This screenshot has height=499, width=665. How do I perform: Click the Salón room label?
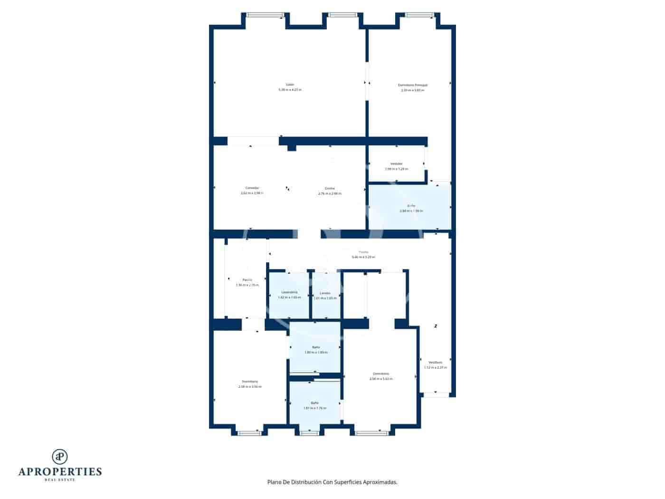(290, 85)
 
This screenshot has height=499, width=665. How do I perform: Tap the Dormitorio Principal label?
(412, 85)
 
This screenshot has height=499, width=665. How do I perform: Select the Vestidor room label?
(396, 163)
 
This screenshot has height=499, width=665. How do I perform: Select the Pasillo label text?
(247, 280)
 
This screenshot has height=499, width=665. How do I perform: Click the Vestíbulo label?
(435, 362)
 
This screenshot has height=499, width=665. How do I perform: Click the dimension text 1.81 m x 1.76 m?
(315, 408)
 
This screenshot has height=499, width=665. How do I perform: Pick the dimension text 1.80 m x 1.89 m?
(316, 353)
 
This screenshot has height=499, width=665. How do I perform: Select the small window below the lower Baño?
(310, 433)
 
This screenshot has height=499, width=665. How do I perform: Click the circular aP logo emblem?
(60, 456)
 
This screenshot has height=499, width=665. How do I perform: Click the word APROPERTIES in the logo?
(60, 471)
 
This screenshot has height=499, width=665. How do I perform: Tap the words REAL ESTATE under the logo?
(60, 480)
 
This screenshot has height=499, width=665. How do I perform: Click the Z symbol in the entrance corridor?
(436, 326)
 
